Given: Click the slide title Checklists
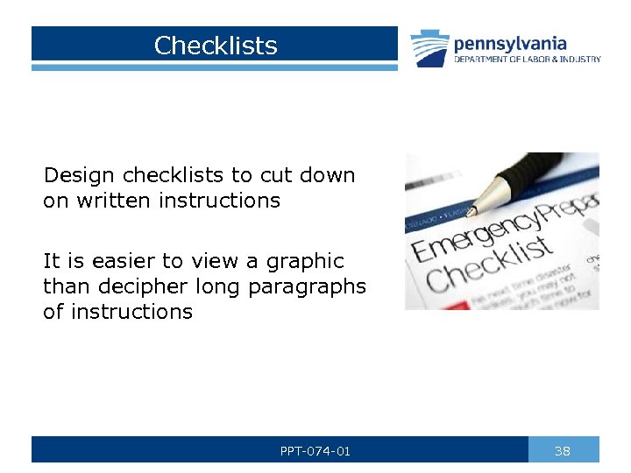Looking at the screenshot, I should [x=216, y=46].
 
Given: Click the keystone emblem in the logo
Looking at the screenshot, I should [x=430, y=48].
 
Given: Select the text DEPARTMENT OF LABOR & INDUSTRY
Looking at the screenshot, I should [x=527, y=60].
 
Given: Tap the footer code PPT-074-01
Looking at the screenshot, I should [x=315, y=451].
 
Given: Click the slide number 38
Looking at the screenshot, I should [x=563, y=451].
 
